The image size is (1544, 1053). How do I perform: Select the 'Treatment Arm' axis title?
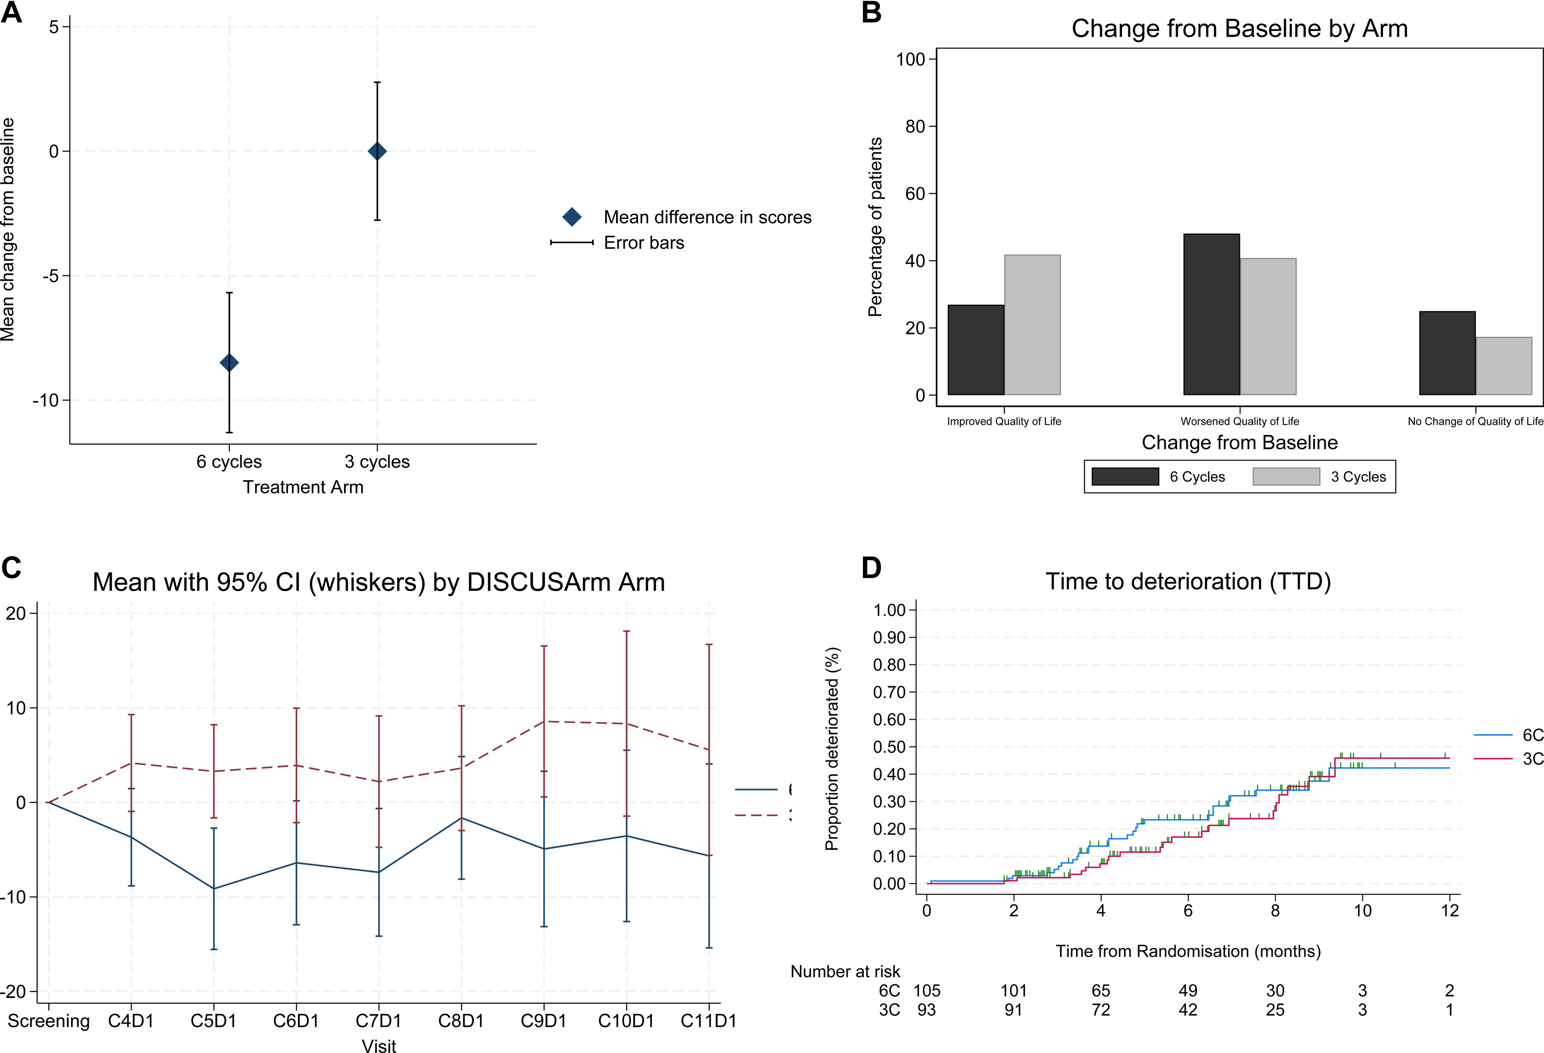coord(303,487)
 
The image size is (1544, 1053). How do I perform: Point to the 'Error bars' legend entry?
coord(643,243)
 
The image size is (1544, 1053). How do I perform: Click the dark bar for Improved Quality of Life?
coord(975,350)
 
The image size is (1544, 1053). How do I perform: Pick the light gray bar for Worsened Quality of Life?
coord(1267,327)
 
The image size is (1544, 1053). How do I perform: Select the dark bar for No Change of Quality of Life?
coord(1447,353)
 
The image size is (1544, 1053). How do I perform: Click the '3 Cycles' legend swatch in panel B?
coord(1286,477)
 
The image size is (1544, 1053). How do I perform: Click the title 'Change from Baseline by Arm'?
coord(1239,29)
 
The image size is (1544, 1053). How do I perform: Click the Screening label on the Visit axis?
coord(48,1020)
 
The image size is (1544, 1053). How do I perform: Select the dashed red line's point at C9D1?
coord(544,721)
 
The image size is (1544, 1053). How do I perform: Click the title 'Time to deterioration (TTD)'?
coord(1188,582)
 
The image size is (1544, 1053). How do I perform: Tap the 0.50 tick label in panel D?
coord(889,747)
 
